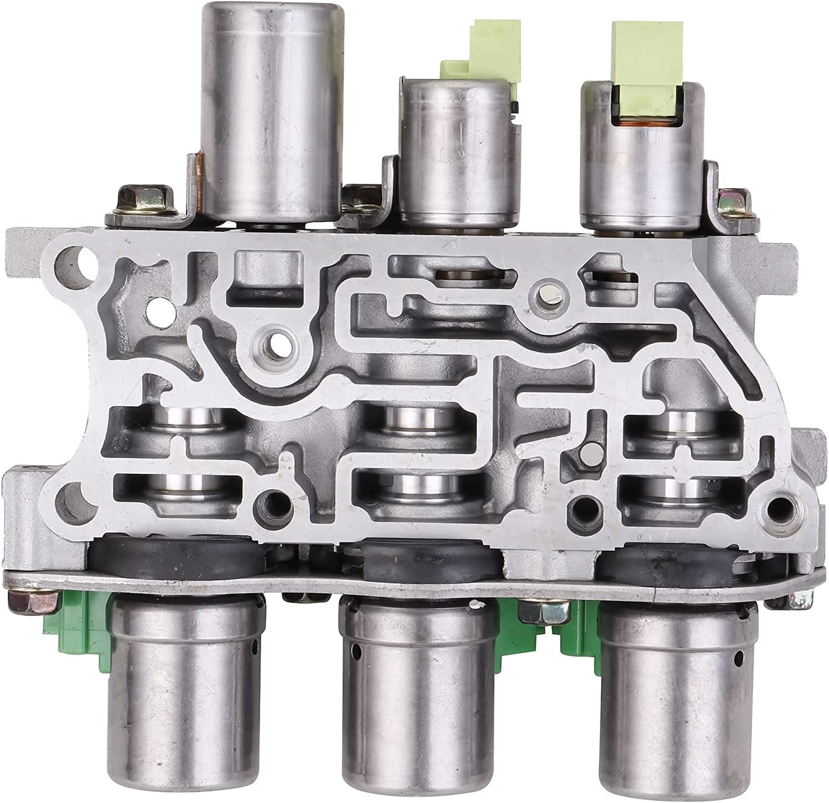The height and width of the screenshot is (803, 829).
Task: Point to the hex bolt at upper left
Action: pos(141,202)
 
